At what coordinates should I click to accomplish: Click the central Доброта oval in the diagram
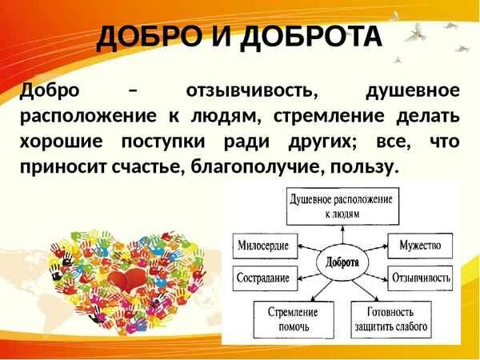tap(342, 262)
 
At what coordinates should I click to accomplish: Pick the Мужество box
tap(420, 245)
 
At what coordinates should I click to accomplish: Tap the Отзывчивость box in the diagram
tap(420, 280)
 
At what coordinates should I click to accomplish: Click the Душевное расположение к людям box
tap(342, 206)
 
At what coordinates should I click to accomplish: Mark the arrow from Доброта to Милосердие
tap(309, 251)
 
